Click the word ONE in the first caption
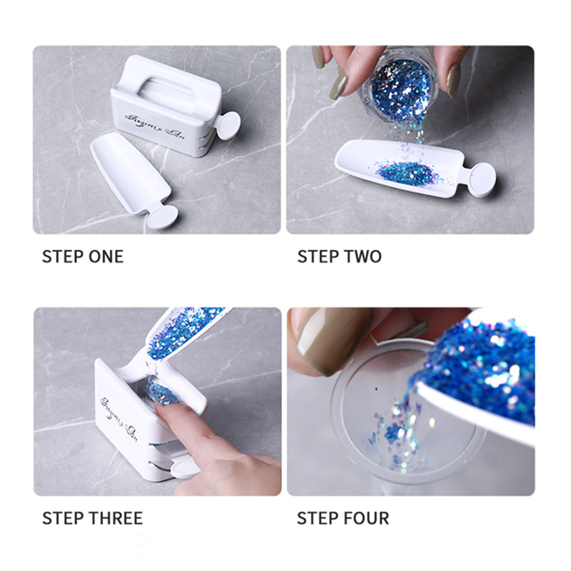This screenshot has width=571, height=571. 105,256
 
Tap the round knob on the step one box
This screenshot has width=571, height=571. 228,126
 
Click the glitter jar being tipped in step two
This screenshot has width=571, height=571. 399,86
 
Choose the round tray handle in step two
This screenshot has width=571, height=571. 482,178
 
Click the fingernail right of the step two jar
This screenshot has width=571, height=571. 453,81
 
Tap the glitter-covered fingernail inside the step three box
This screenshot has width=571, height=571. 163,394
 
